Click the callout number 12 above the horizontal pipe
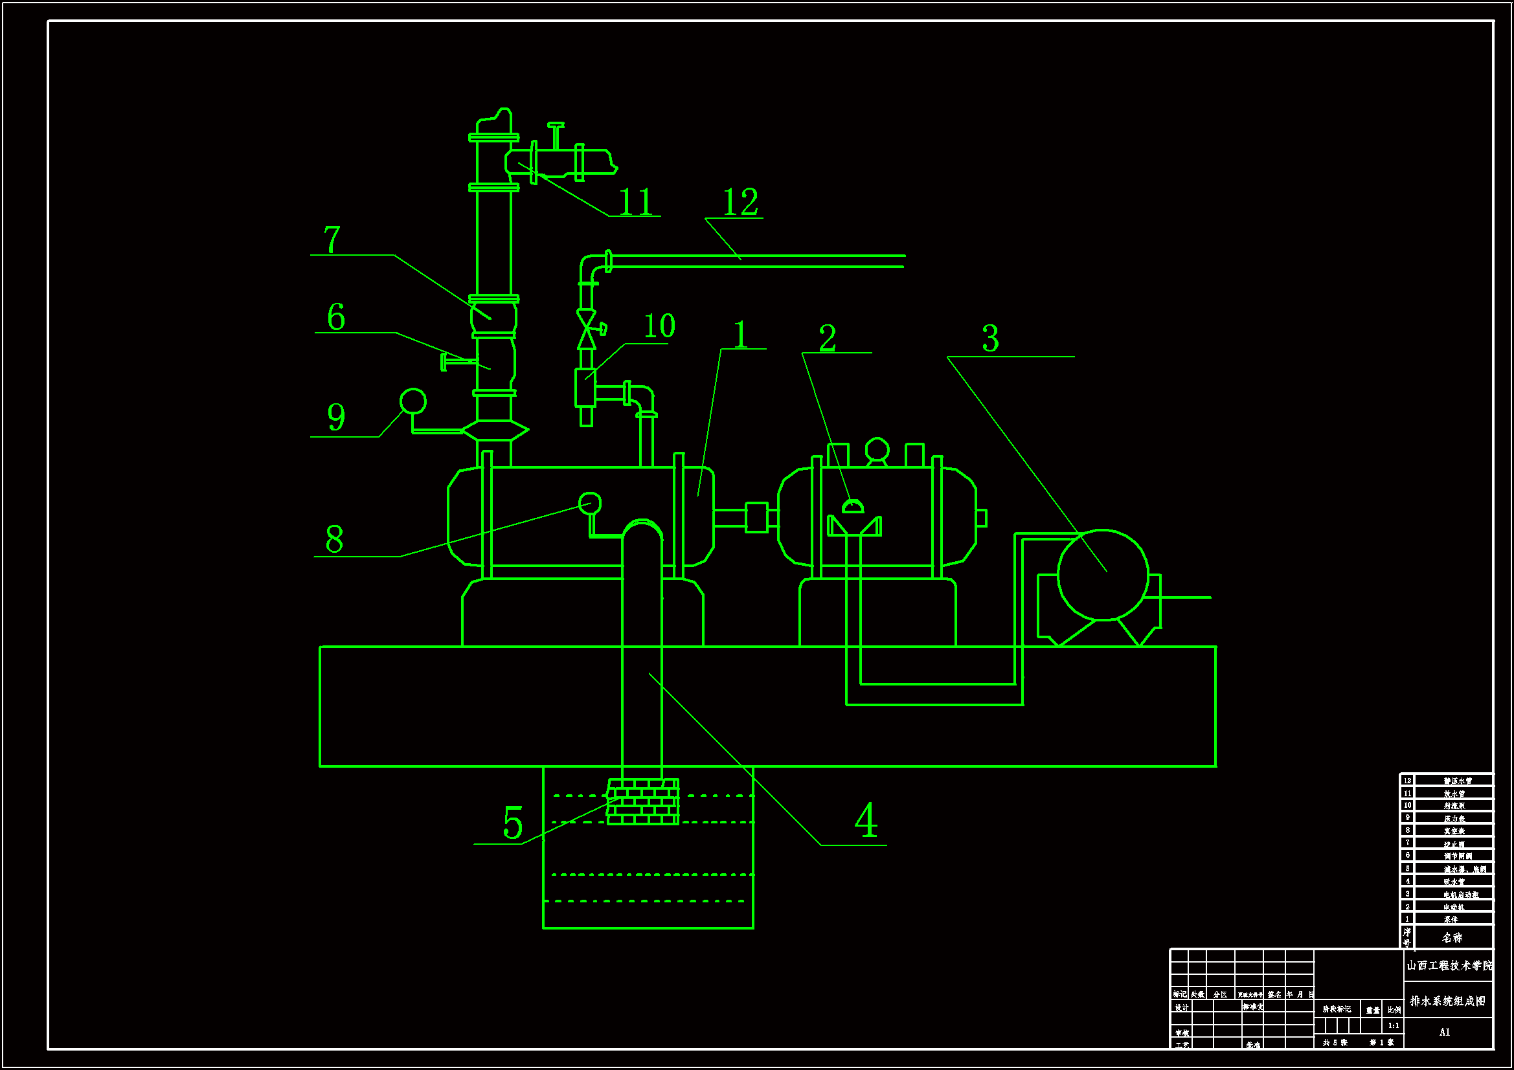click(x=741, y=202)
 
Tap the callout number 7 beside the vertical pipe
click(x=332, y=240)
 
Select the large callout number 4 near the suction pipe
click(x=866, y=820)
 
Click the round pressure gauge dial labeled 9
click(x=412, y=401)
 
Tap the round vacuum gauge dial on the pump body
click(x=589, y=504)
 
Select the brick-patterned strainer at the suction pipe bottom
click(x=643, y=801)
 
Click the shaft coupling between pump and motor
click(x=756, y=518)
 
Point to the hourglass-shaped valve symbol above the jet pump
click(x=586, y=329)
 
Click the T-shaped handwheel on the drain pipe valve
click(x=556, y=135)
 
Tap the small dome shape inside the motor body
click(x=853, y=506)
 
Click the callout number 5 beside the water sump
click(x=513, y=823)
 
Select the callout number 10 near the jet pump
click(x=659, y=326)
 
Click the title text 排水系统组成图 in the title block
click(x=1448, y=1001)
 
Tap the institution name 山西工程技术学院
click(x=1449, y=965)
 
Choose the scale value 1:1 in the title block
click(x=1394, y=1025)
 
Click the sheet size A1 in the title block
click(x=1445, y=1032)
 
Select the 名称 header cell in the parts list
click(x=1452, y=937)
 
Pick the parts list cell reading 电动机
click(x=1453, y=907)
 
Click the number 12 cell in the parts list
click(x=1407, y=781)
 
